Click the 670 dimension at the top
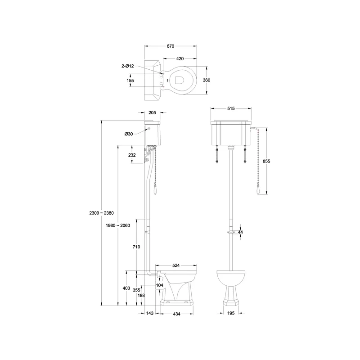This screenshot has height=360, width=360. [x=171, y=46]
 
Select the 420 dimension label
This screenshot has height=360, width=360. [x=180, y=59]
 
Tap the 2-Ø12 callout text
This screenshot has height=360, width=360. [x=128, y=66]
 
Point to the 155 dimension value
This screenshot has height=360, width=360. [x=130, y=81]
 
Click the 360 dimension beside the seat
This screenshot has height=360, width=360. [x=207, y=80]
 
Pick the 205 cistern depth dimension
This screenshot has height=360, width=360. [x=152, y=112]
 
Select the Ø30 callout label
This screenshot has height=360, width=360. [x=129, y=134]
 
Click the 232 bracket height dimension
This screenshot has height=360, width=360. [x=132, y=155]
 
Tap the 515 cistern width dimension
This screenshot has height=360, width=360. [x=231, y=108]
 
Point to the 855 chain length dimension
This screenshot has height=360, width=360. [x=266, y=161]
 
